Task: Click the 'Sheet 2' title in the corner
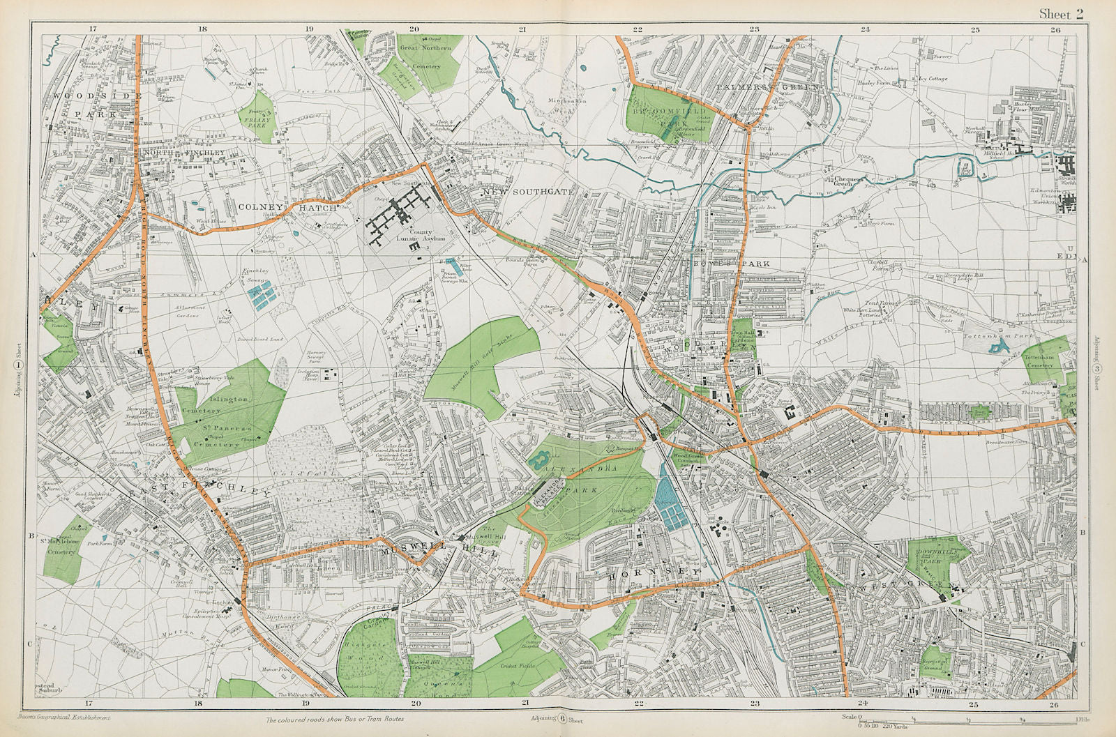pyautogui.click(x=1061, y=15)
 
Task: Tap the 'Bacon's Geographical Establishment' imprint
pyautogui.click(x=74, y=717)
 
